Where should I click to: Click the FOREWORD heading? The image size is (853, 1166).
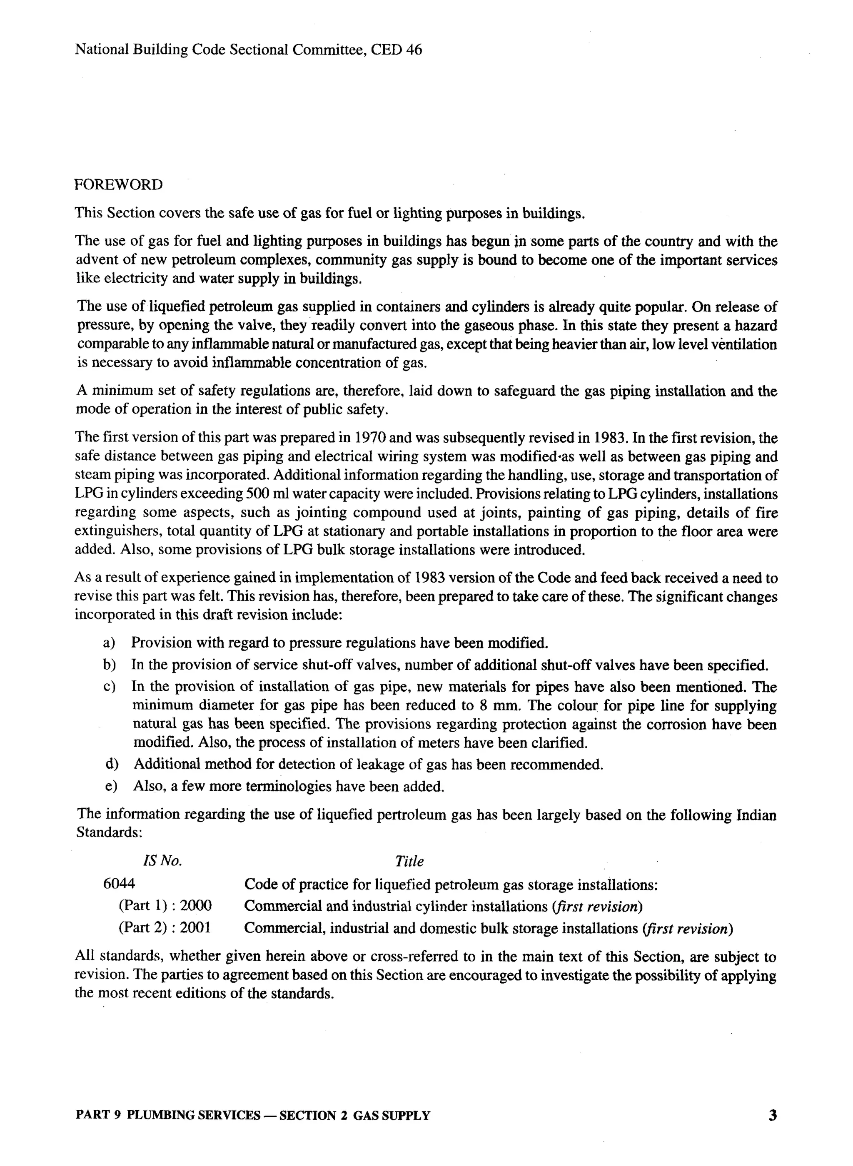pos(118,185)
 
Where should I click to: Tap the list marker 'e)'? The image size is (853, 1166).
pos(110,787)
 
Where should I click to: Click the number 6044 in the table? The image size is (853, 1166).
pos(119,884)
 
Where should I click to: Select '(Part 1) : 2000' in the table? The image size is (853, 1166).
pos(165,906)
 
